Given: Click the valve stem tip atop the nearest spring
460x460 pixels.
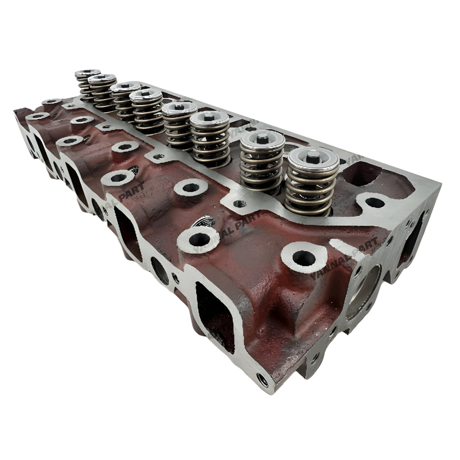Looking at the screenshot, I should coord(312,157).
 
